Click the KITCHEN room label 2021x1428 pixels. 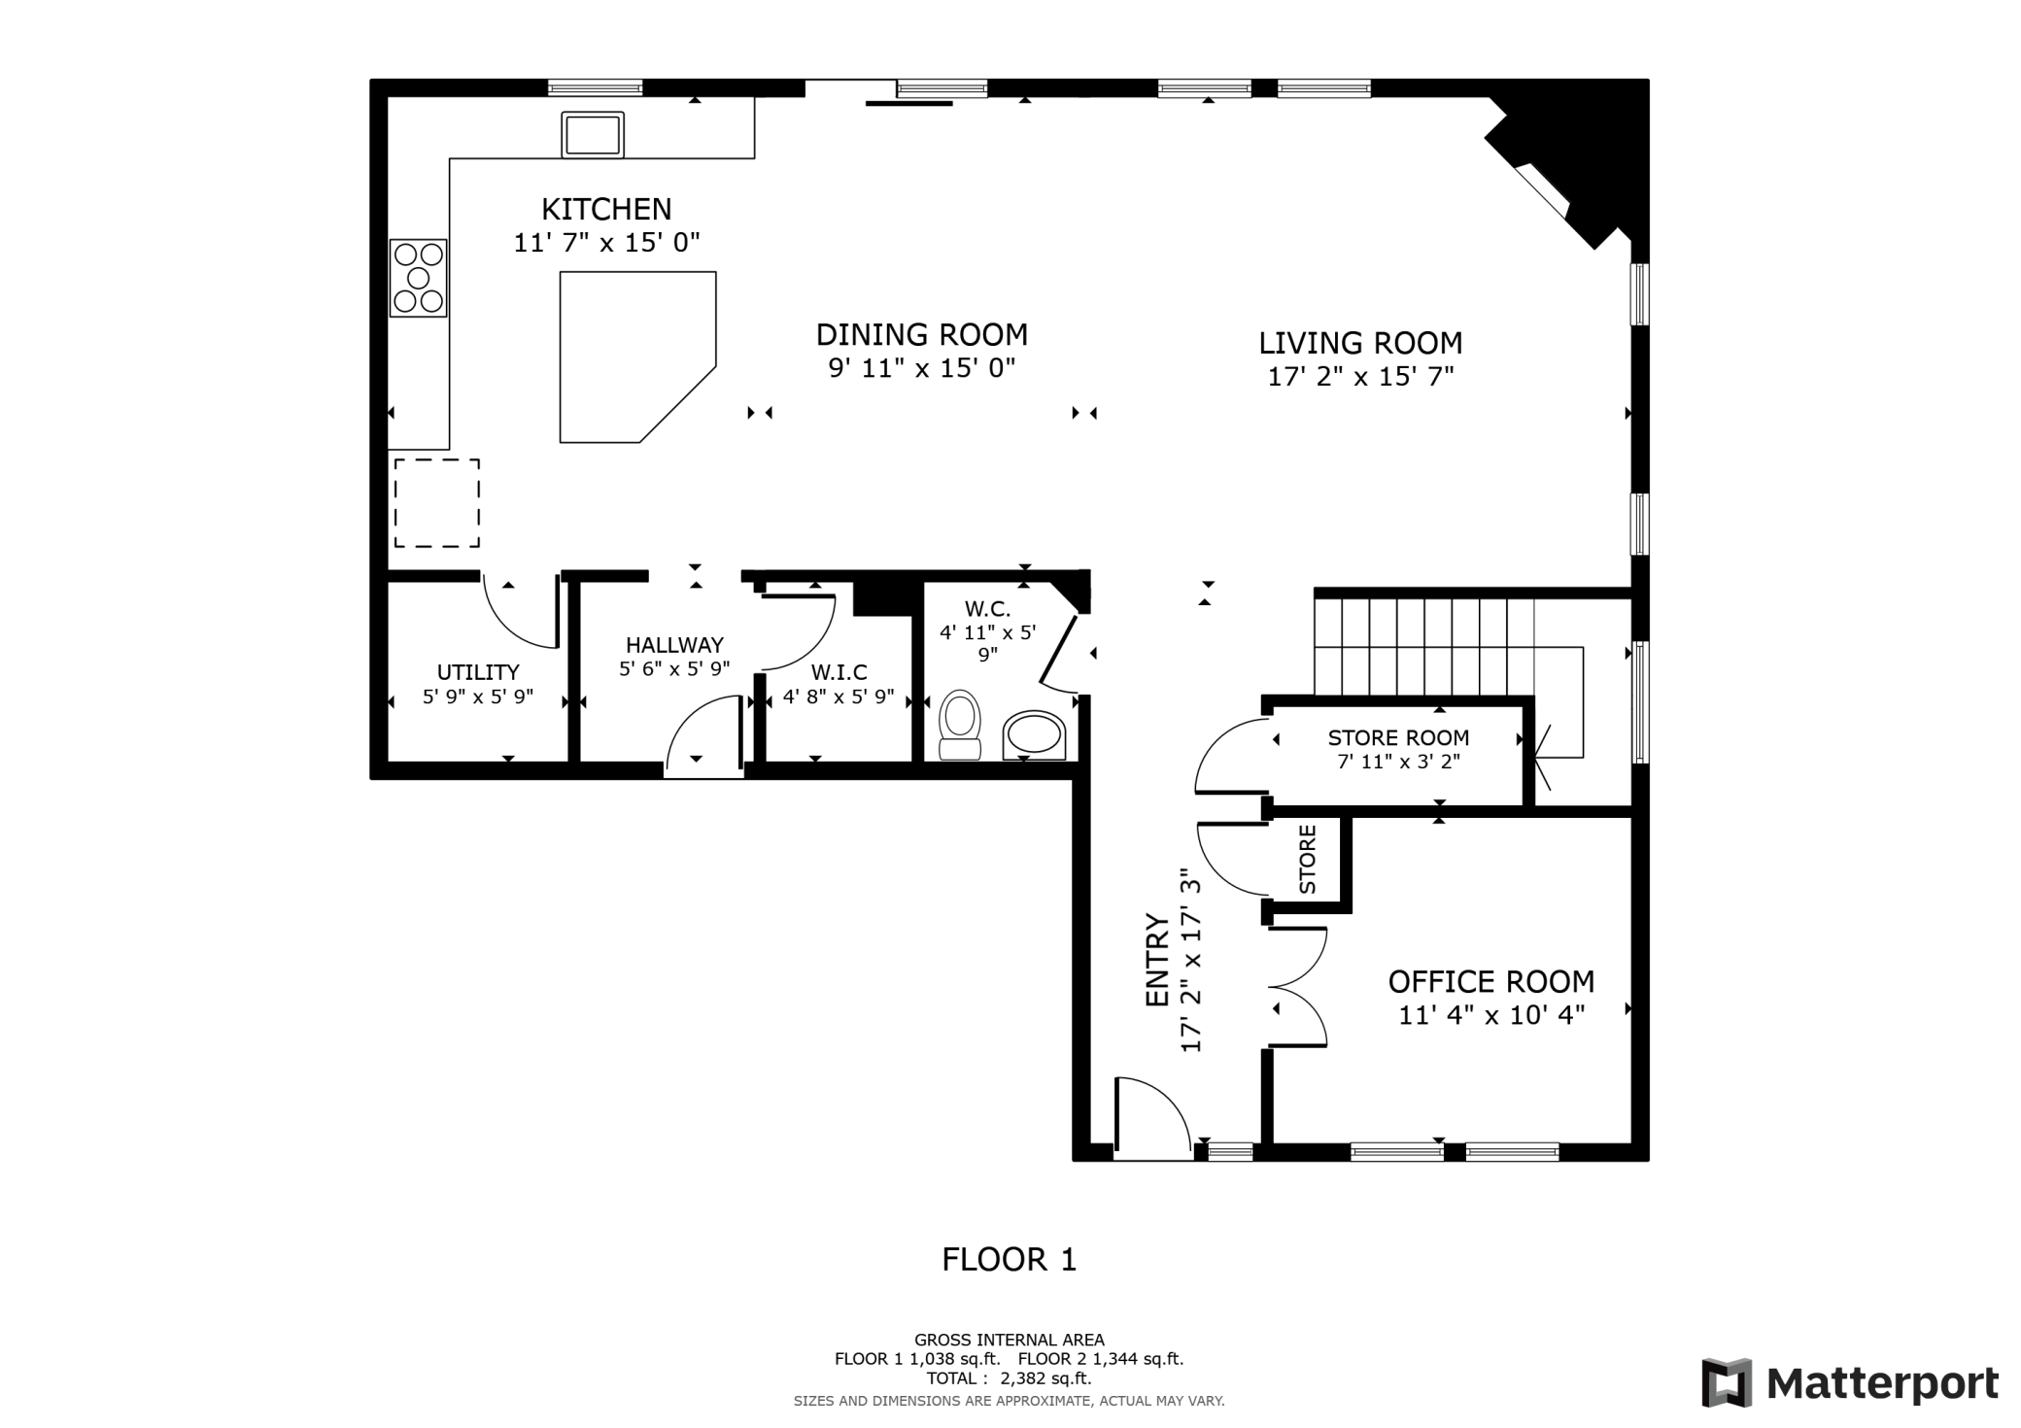click(x=606, y=209)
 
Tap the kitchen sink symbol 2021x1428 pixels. click(x=593, y=134)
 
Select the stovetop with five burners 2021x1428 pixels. click(x=419, y=278)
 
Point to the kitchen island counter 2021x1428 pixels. click(x=637, y=357)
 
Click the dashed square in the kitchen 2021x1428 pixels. click(x=436, y=503)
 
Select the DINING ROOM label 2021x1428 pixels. click(x=921, y=334)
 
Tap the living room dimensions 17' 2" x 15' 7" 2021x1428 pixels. click(x=1360, y=376)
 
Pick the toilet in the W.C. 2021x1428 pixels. click(x=960, y=725)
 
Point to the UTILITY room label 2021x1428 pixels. click(x=478, y=672)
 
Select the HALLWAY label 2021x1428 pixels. click(x=674, y=645)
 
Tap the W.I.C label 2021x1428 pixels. click(x=839, y=672)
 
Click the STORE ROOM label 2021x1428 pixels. click(x=1398, y=737)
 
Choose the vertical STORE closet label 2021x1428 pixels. click(x=1308, y=860)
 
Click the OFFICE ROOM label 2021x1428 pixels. click(x=1491, y=982)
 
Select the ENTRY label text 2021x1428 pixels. click(x=1157, y=960)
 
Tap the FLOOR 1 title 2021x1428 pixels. click(x=1010, y=1260)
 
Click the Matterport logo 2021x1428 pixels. click(x=1850, y=1382)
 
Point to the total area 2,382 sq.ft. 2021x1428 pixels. click(x=1045, y=1378)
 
